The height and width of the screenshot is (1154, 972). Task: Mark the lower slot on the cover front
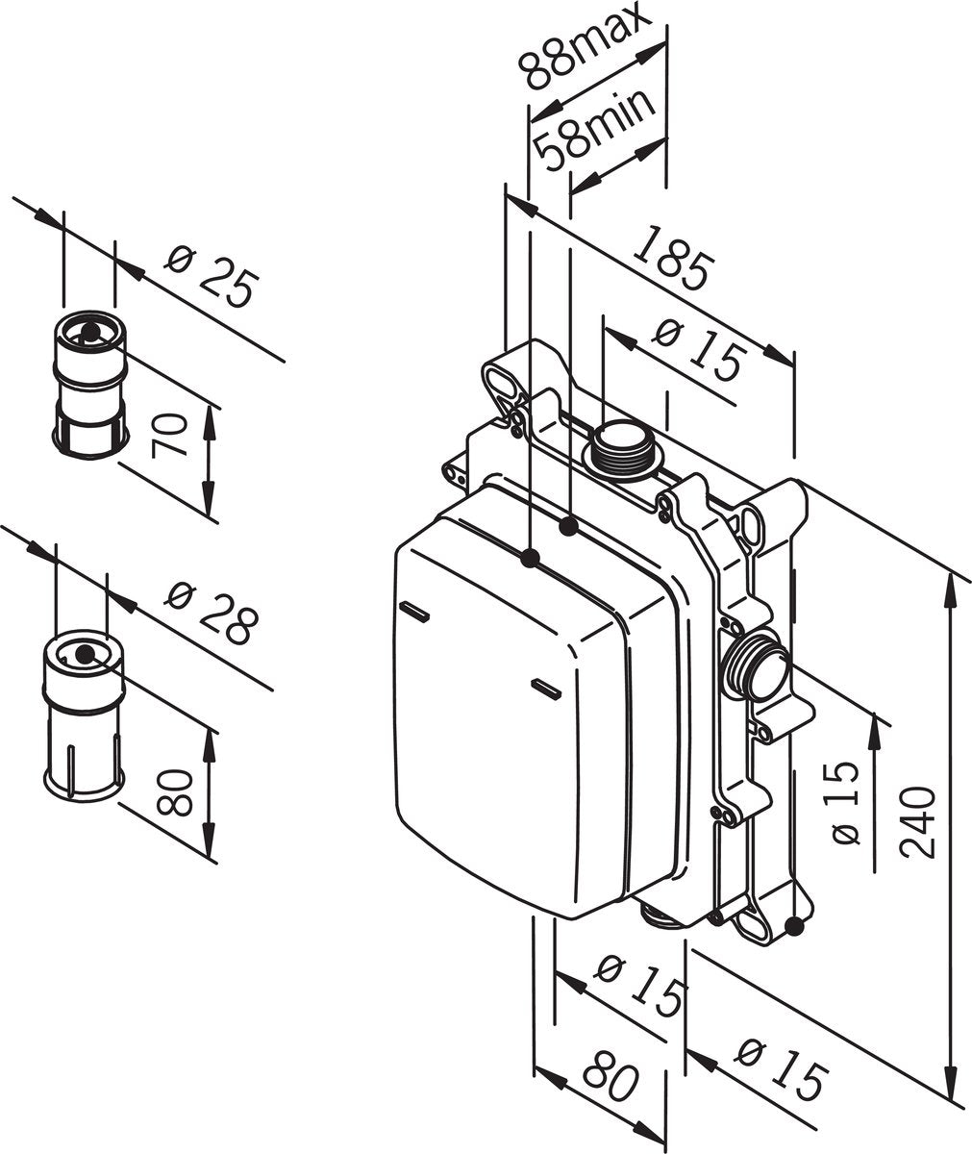coord(548,686)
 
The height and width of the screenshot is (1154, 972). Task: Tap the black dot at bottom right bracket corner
coord(793,926)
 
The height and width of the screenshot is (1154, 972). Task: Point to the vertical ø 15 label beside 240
coord(842,802)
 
